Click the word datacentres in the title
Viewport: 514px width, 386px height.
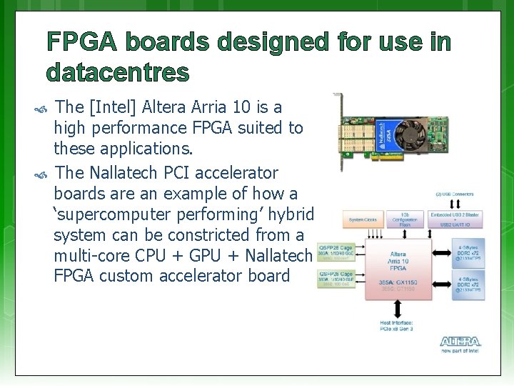coord(118,72)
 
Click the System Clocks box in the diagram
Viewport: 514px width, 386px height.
coord(363,219)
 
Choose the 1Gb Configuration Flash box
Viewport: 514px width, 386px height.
coord(405,219)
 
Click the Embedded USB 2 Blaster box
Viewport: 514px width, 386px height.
coord(455,219)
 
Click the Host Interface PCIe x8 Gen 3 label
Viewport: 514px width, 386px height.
coord(397,326)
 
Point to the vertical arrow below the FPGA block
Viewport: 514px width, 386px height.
coord(397,308)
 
